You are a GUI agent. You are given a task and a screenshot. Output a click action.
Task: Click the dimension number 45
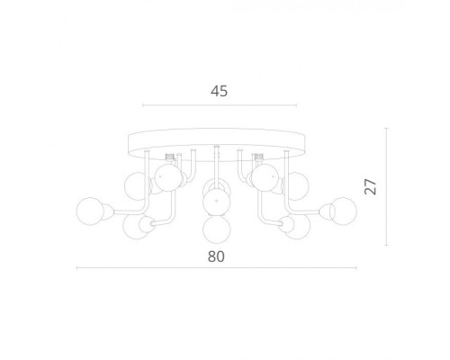pos(219,91)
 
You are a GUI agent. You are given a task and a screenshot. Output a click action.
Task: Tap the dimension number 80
pos(216,256)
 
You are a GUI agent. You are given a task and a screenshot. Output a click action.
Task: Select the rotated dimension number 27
pos(371,186)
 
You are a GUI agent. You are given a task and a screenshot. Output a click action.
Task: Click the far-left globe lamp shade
pos(91,211)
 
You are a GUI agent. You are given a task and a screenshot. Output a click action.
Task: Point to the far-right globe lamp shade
pos(343,211)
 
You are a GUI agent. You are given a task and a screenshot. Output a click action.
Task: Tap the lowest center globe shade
pos(217,229)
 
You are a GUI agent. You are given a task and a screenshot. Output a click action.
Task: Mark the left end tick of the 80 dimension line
pos(77,268)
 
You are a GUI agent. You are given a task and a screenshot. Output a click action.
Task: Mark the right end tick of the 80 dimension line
pos(356,268)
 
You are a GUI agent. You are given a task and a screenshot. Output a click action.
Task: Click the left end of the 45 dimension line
pos(143,105)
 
